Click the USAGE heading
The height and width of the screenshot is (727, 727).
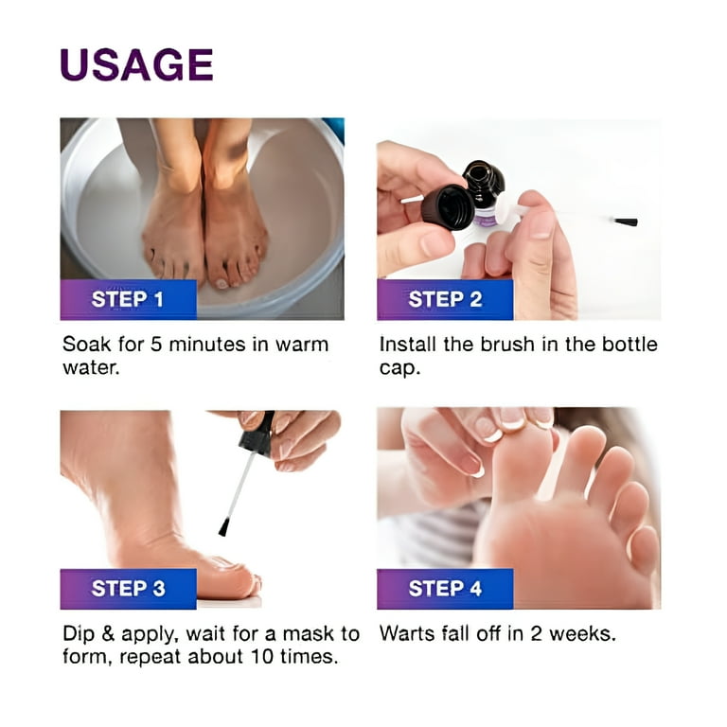136,64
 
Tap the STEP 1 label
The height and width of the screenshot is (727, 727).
128,299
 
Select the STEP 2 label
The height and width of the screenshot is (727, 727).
445,299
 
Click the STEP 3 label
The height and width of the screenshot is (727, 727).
129,589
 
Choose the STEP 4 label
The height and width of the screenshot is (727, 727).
445,589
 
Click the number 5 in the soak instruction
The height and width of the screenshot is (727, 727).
156,345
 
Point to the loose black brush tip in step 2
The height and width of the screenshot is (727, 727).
626,222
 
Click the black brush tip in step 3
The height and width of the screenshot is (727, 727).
224,527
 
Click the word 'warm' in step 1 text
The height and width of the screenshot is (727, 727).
302,346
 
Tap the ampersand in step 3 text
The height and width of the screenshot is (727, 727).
108,634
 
